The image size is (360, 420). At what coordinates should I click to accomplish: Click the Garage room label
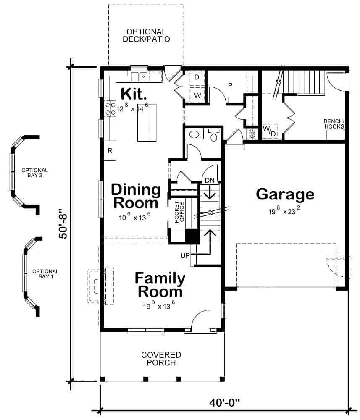pyautogui.click(x=285, y=194)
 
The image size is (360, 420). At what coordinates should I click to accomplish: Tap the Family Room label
pyautogui.click(x=160, y=285)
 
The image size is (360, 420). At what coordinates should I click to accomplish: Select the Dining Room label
pyautogui.click(x=136, y=197)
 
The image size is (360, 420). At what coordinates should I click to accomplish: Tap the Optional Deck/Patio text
pyautogui.click(x=146, y=36)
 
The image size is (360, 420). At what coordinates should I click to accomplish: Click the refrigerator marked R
pyautogui.click(x=110, y=151)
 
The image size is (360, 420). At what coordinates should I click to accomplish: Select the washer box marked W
pyautogui.click(x=197, y=95)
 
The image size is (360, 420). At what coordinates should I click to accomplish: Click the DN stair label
pyautogui.click(x=210, y=180)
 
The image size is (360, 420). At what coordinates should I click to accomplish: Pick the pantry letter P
pyautogui.click(x=230, y=84)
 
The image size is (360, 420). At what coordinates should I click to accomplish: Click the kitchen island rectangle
pyautogui.click(x=147, y=123)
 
